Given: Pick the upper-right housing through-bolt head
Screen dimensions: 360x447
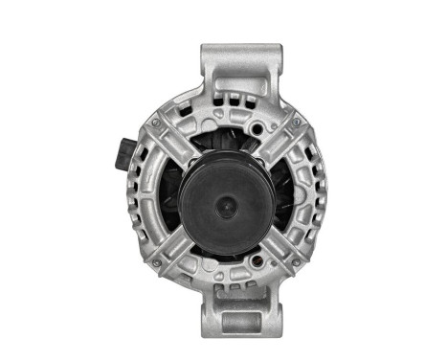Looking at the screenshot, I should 297,123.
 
